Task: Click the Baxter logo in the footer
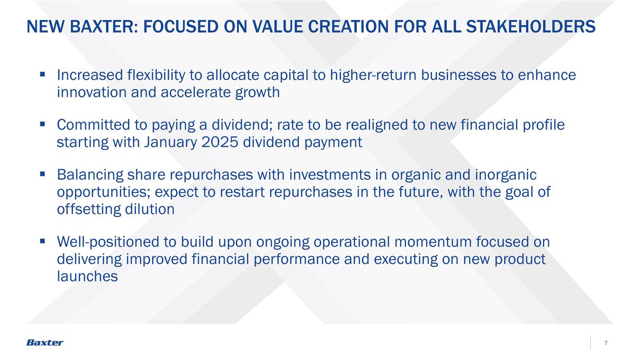(45, 342)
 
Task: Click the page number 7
(606, 342)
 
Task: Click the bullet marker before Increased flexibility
(42, 75)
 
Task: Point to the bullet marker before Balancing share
(42, 174)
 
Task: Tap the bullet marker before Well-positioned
(42, 242)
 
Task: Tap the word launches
(87, 276)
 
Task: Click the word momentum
(433, 242)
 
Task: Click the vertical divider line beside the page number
(591, 342)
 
